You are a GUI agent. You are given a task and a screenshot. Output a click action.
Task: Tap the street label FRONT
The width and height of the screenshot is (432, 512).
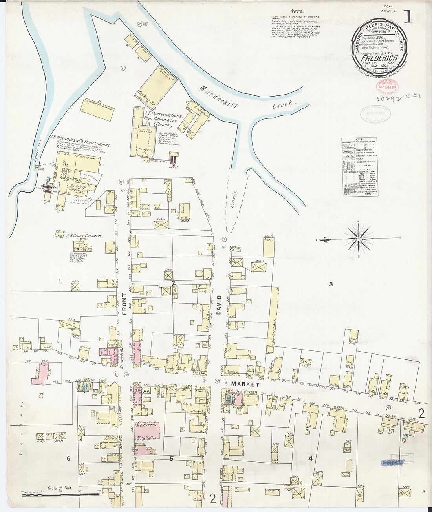coord(124,304)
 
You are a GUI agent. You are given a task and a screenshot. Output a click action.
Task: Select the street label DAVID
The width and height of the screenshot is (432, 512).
coord(219,305)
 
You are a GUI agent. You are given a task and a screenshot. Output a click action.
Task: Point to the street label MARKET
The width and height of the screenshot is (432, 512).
coord(245,384)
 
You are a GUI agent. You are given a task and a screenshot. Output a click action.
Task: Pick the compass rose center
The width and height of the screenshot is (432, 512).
coord(358,238)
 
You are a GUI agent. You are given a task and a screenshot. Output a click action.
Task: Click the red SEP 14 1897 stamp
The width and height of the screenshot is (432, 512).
coord(387,85)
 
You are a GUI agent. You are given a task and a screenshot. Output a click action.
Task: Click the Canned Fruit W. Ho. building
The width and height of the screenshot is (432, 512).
coord(98,108)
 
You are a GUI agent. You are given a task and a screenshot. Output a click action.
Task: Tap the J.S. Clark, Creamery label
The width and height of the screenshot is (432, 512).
coord(84,236)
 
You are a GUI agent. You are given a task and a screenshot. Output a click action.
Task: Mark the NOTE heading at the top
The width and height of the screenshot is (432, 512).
coord(297,11)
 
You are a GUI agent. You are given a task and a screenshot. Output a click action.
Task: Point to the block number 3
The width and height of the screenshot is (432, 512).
coord(331,284)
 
